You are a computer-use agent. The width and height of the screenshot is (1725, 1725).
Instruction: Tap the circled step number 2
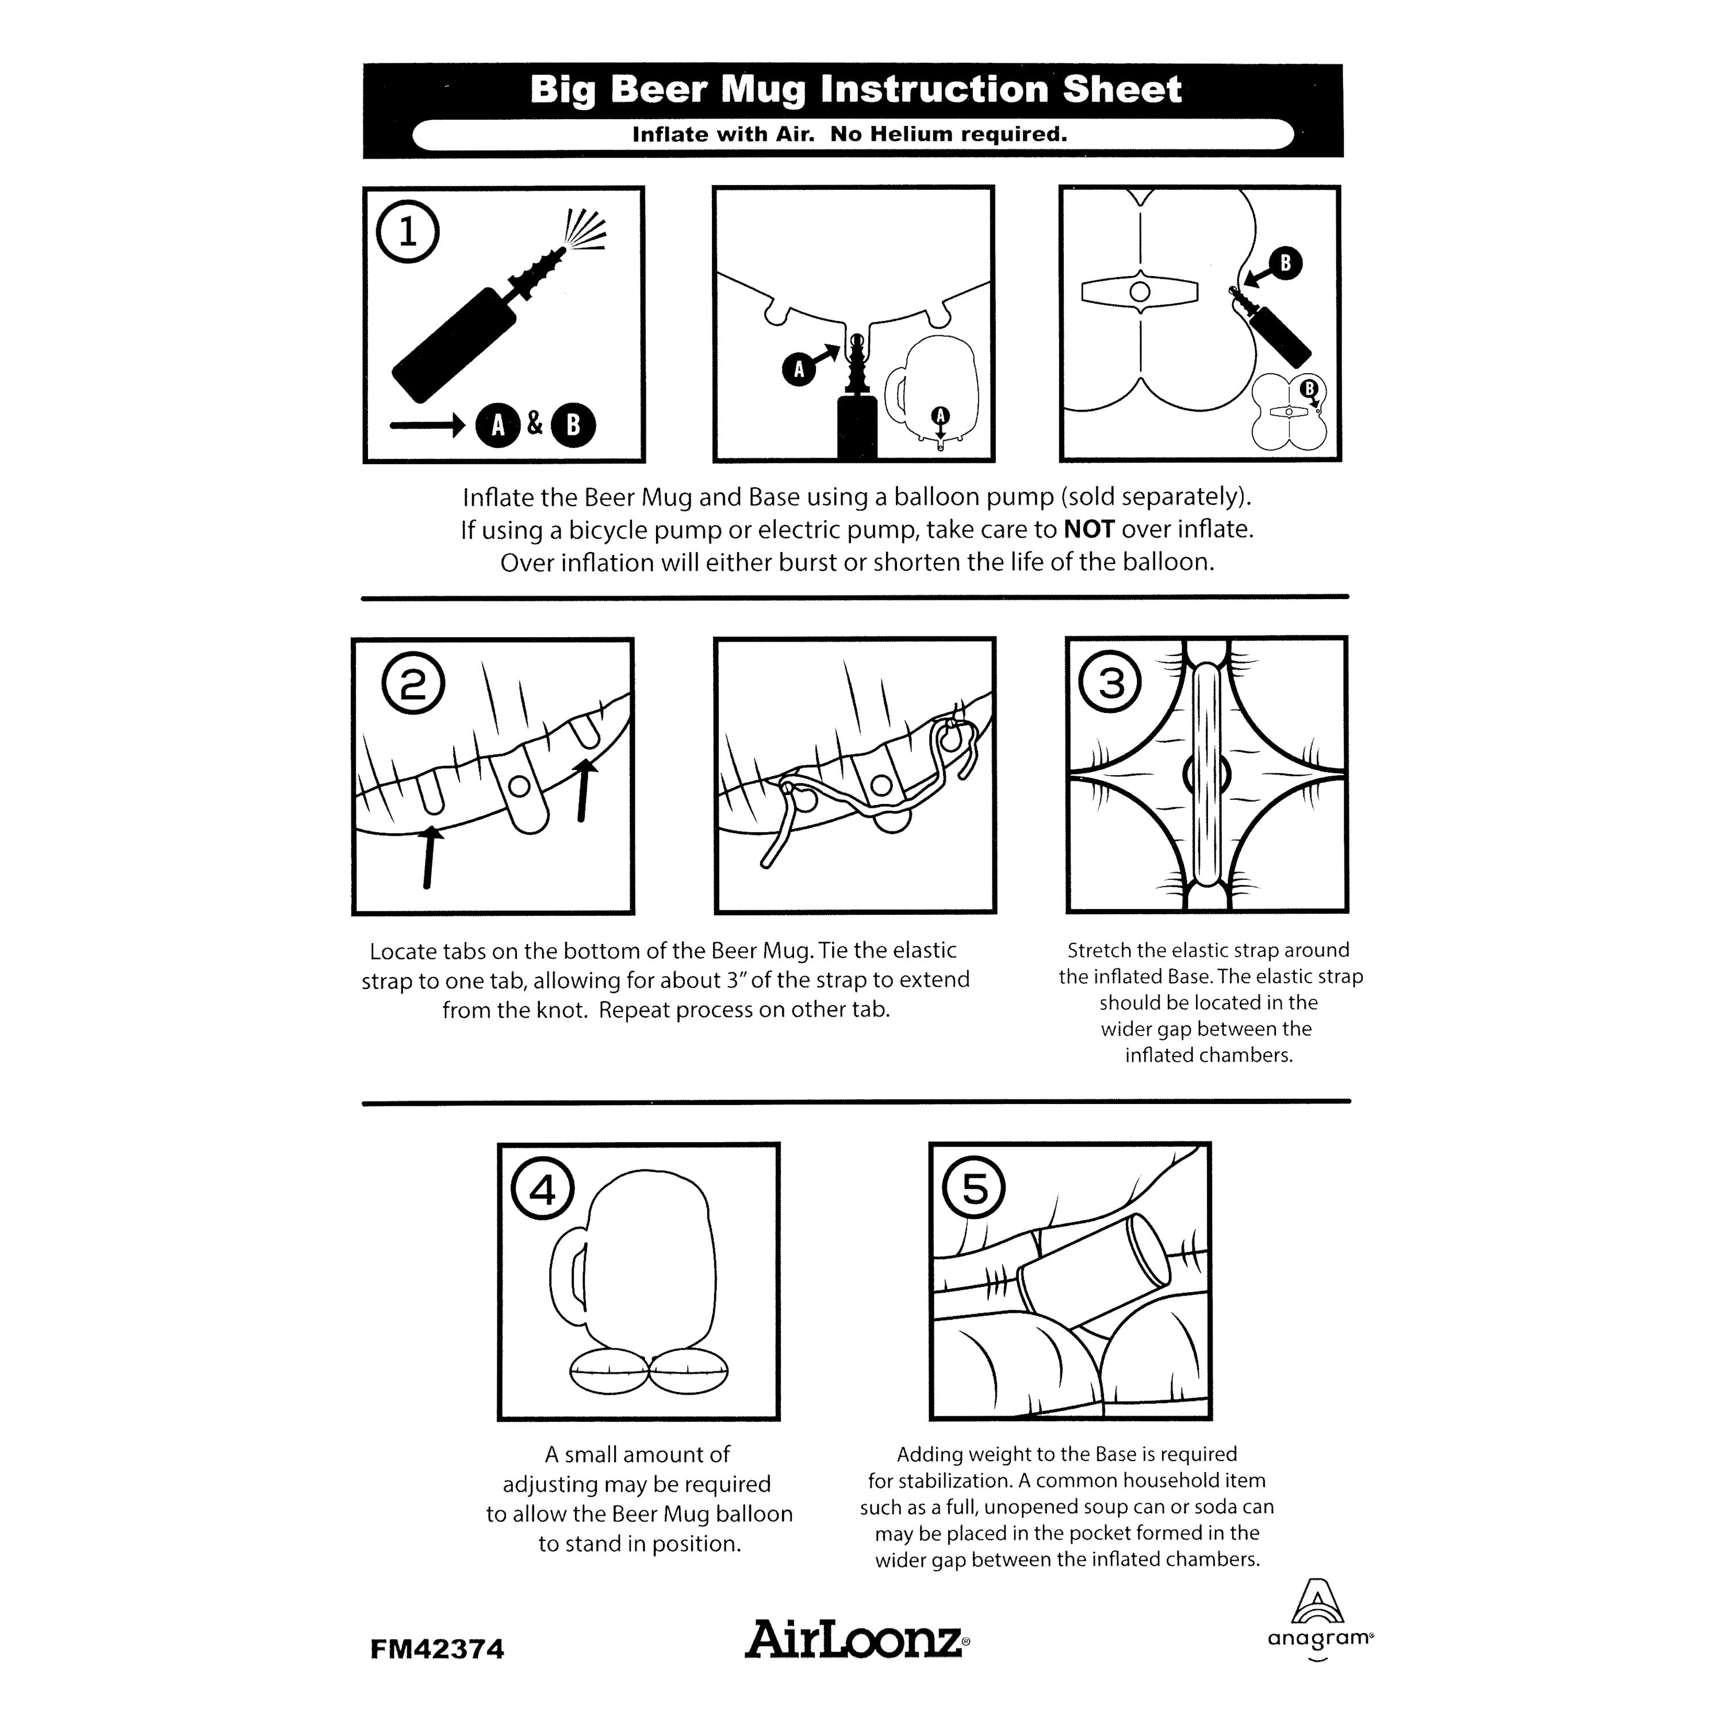pyautogui.click(x=413, y=683)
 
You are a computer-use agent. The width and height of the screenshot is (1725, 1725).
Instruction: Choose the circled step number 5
pyautogui.click(x=974, y=1189)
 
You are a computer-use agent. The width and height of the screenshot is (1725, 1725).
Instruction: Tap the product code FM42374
pyautogui.click(x=438, y=1648)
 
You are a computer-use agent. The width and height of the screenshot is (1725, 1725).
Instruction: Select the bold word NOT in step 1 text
pyautogui.click(x=1089, y=530)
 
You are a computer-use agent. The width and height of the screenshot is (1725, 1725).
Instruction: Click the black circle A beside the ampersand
pyautogui.click(x=497, y=425)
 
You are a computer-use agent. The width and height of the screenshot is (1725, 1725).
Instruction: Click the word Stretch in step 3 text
pyautogui.click(x=1099, y=950)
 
